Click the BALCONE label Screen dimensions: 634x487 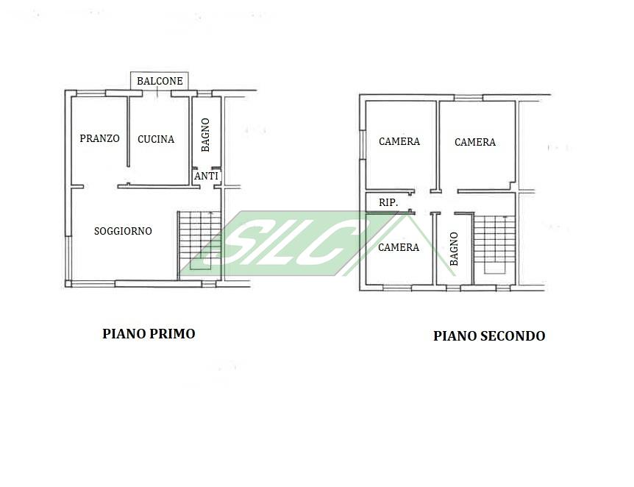160,81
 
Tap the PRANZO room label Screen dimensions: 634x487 99,138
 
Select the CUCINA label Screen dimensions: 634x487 156,139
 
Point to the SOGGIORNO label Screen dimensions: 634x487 123,231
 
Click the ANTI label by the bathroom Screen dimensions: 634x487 206,176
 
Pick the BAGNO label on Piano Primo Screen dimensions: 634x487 205,135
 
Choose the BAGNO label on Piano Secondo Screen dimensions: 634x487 454,249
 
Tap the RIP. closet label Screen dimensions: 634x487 388,202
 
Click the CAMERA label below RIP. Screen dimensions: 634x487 399,247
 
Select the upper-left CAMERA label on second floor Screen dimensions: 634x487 399,141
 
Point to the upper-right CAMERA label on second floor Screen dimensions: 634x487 475,142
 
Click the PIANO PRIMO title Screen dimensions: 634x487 149,334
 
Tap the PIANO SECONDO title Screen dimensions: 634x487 489,335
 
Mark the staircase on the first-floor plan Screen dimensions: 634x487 199,246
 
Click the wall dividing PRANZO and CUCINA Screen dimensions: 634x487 128,132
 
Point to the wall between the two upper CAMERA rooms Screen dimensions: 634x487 438,146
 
